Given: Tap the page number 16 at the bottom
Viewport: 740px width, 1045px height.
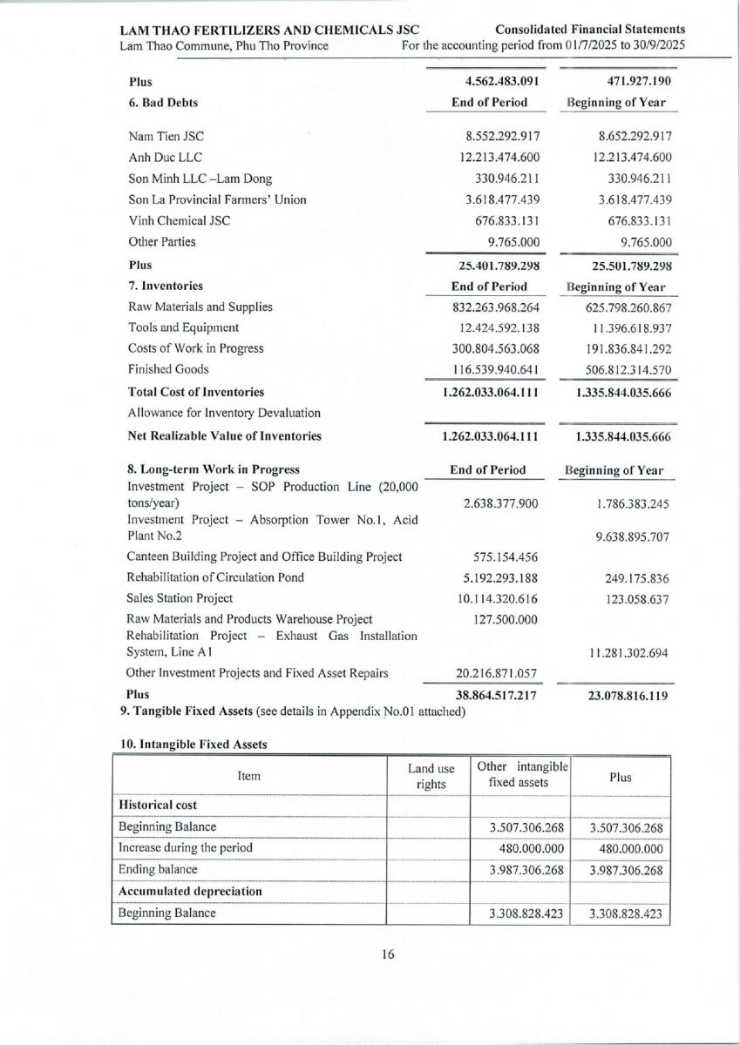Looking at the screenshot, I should tap(388, 954).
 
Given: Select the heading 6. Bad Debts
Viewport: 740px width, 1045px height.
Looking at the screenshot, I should tap(163, 103).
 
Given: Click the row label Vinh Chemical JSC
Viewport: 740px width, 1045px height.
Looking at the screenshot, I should tap(179, 220).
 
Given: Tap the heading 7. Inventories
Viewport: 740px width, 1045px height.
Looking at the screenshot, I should tap(166, 286).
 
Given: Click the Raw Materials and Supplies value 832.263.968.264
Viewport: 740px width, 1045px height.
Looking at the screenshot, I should tap(490, 307).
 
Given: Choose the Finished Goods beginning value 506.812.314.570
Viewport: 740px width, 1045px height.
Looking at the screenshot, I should tap(620, 369).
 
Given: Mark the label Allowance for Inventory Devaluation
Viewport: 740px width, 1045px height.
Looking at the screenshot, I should tap(224, 413).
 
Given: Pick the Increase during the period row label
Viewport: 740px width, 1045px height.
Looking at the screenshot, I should tap(186, 847).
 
